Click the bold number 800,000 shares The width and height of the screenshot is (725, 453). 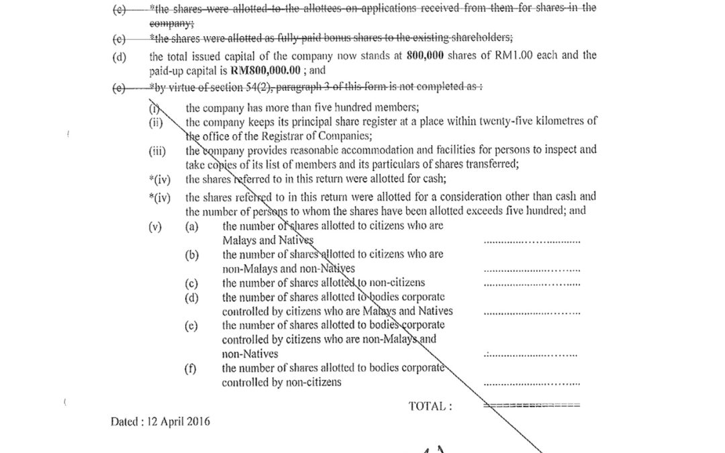coord(426,56)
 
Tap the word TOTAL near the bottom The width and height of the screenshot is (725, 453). coord(430,406)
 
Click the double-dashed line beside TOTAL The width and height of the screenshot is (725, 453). coord(532,406)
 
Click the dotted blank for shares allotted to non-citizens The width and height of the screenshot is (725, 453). coord(532,284)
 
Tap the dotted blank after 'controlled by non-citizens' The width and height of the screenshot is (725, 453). coord(532,384)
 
